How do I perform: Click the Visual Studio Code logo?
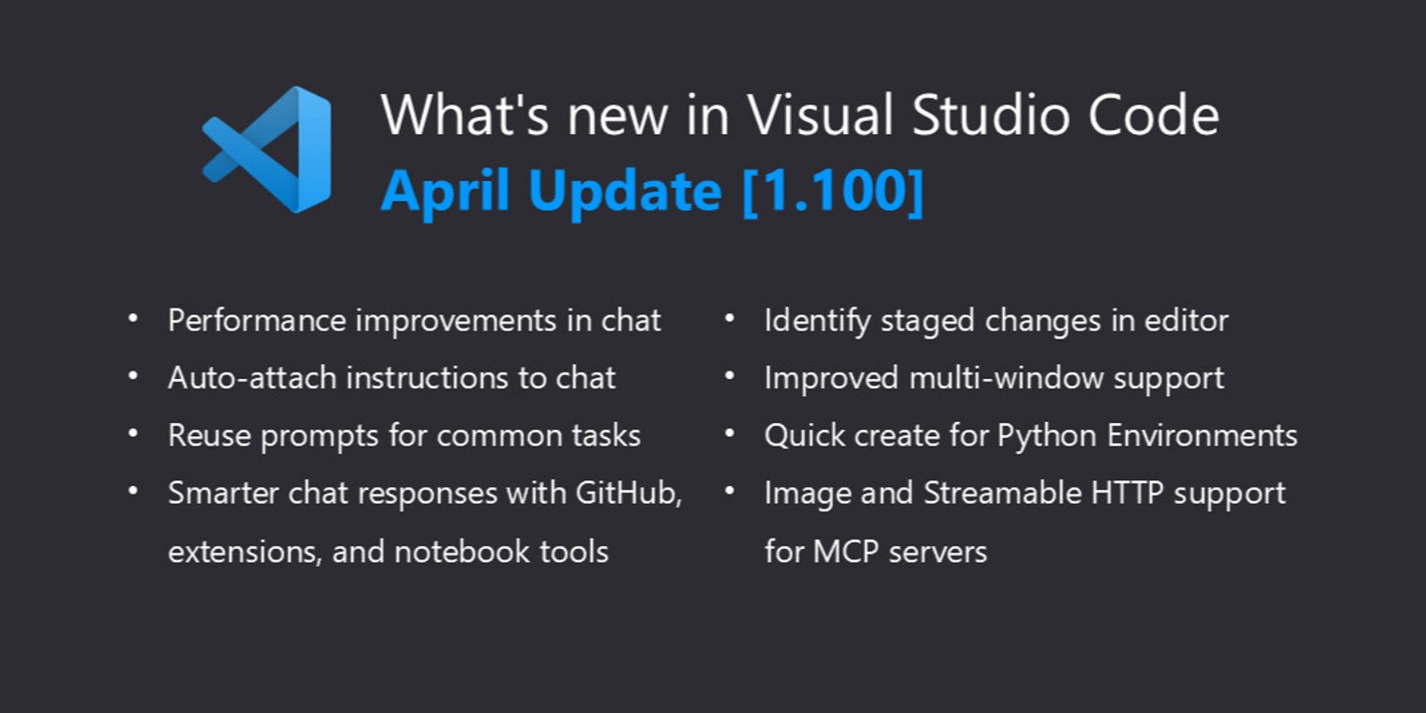point(267,150)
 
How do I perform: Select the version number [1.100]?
point(833,190)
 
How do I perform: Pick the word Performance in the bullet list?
point(256,320)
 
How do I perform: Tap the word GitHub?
point(629,493)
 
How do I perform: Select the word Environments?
point(1202,435)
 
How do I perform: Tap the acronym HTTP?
point(1127,493)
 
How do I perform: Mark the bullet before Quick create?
point(730,434)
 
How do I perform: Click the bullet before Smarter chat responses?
point(133,492)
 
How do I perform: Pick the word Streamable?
point(1003,493)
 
